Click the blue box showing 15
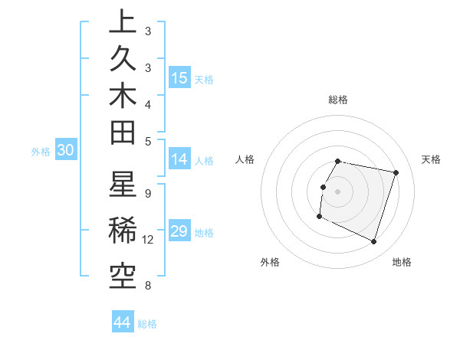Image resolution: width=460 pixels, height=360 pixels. point(179,78)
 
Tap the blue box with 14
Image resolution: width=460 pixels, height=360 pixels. point(179,160)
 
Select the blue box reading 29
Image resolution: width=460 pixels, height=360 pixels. point(179,232)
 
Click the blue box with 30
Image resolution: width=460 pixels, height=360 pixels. point(65,151)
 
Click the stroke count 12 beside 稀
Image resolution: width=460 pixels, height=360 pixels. point(148,240)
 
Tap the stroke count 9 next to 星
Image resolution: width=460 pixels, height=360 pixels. point(147,193)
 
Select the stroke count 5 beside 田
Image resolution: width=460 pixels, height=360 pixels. point(147,141)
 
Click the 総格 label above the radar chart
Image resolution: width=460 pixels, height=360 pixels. point(337,100)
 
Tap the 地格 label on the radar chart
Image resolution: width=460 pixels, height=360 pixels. point(402,262)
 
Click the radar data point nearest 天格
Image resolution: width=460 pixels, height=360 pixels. point(396,173)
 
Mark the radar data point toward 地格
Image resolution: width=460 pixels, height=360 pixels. point(373,242)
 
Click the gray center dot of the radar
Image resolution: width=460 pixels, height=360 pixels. point(337,191)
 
